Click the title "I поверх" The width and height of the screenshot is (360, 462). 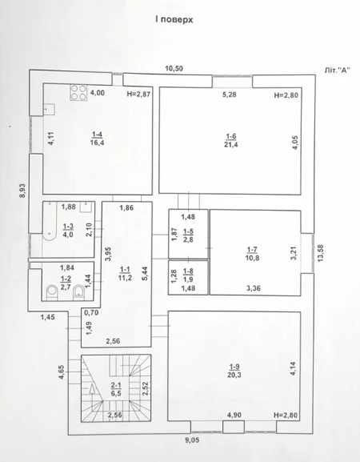tap(174, 20)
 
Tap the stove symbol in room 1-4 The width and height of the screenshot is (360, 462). tap(78, 93)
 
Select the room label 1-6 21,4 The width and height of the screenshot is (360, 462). tap(231, 141)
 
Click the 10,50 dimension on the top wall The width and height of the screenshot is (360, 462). tap(174, 69)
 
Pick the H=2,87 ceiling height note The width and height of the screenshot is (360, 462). tap(138, 94)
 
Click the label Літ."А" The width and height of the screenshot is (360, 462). tap(337, 70)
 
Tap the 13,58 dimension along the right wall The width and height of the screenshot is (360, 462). tap(320, 253)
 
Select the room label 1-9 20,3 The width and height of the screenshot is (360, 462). tap(234, 371)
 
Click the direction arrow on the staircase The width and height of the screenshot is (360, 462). tap(93, 389)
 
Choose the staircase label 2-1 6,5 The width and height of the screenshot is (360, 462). tap(116, 389)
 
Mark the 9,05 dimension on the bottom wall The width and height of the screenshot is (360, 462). tap(192, 440)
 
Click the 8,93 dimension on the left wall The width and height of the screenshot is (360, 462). tap(22, 191)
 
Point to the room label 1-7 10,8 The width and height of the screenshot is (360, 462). tap(252, 254)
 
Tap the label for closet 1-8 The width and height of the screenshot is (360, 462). tap(188, 275)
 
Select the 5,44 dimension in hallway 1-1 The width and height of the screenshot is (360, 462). tap(145, 273)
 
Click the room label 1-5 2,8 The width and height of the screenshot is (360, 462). tap(188, 235)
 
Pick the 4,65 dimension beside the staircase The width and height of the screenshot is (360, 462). tap(62, 372)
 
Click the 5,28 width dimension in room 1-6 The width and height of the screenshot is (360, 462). tap(230, 94)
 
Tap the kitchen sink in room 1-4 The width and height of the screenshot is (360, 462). tap(49, 110)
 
